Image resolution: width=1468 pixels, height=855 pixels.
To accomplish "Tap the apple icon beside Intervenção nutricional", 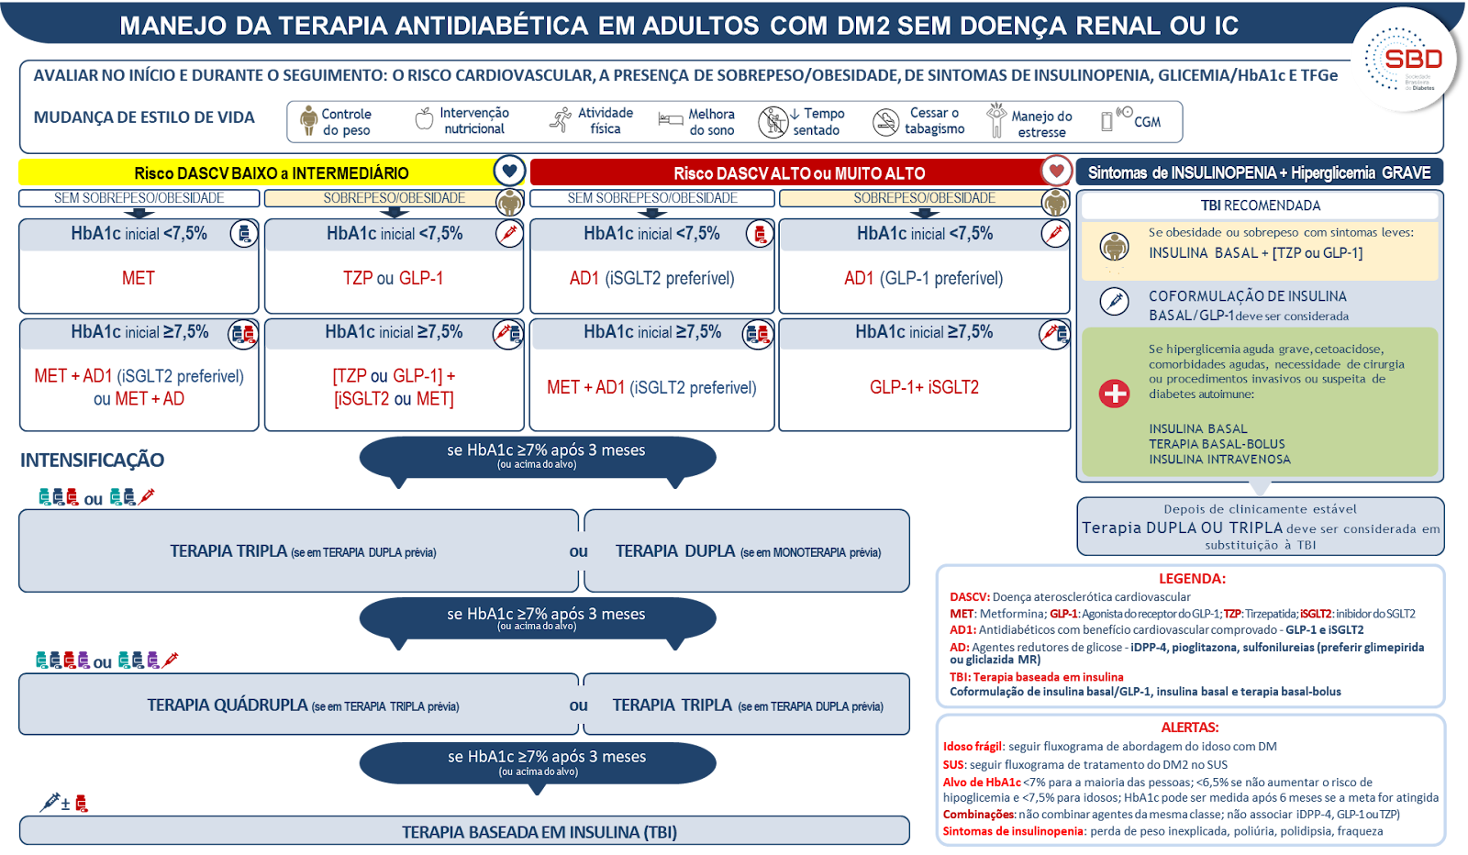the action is click(425, 119).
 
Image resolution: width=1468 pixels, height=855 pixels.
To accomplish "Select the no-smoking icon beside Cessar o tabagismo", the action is click(885, 122).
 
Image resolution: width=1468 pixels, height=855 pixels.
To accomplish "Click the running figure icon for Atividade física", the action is click(561, 120).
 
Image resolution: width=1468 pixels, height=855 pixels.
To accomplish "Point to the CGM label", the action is click(1147, 122).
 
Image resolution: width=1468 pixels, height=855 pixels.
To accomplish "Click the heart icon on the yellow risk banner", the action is click(509, 172).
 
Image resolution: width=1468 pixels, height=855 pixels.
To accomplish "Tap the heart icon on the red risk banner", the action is click(1056, 172).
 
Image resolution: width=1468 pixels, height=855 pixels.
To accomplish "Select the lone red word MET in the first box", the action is click(139, 279).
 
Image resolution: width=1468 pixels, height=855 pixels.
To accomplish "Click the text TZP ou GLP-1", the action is click(394, 279).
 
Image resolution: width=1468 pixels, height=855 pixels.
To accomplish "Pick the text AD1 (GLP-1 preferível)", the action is click(923, 279).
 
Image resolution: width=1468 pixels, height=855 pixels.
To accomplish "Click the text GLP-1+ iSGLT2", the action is click(924, 387).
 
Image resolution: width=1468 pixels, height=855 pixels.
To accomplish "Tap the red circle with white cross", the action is click(1114, 394).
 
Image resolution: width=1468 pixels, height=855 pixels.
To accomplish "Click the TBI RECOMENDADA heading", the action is click(1261, 205).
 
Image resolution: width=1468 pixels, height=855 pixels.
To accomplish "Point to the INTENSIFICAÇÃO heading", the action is click(93, 460).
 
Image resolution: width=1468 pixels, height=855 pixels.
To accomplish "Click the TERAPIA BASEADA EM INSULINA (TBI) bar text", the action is click(539, 832).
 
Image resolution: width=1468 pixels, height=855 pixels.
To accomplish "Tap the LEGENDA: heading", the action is click(1192, 579).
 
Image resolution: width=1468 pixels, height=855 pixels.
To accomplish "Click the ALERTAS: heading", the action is click(1189, 727).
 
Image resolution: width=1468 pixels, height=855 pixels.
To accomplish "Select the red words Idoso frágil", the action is click(972, 746).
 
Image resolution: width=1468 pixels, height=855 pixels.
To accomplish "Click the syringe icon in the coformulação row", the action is click(1114, 302).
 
